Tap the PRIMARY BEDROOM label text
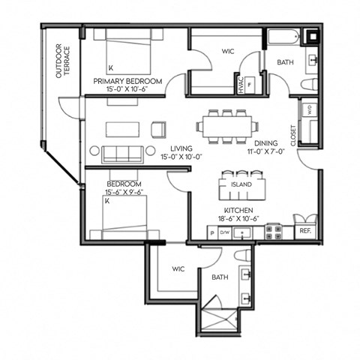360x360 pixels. tap(128, 80)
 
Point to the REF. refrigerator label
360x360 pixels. tap(305, 232)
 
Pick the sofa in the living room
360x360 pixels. tap(123, 154)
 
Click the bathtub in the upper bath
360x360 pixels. tap(282, 37)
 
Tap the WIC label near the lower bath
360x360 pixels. tap(178, 268)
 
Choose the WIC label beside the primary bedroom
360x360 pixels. tap(229, 52)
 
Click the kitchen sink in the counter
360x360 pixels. tap(244, 232)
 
